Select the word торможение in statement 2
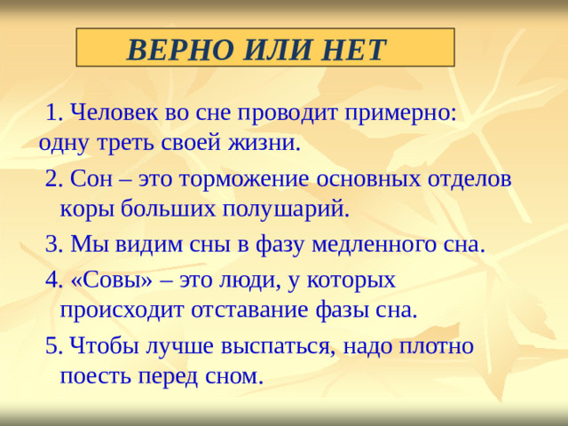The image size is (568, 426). pyautogui.click(x=235, y=178)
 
